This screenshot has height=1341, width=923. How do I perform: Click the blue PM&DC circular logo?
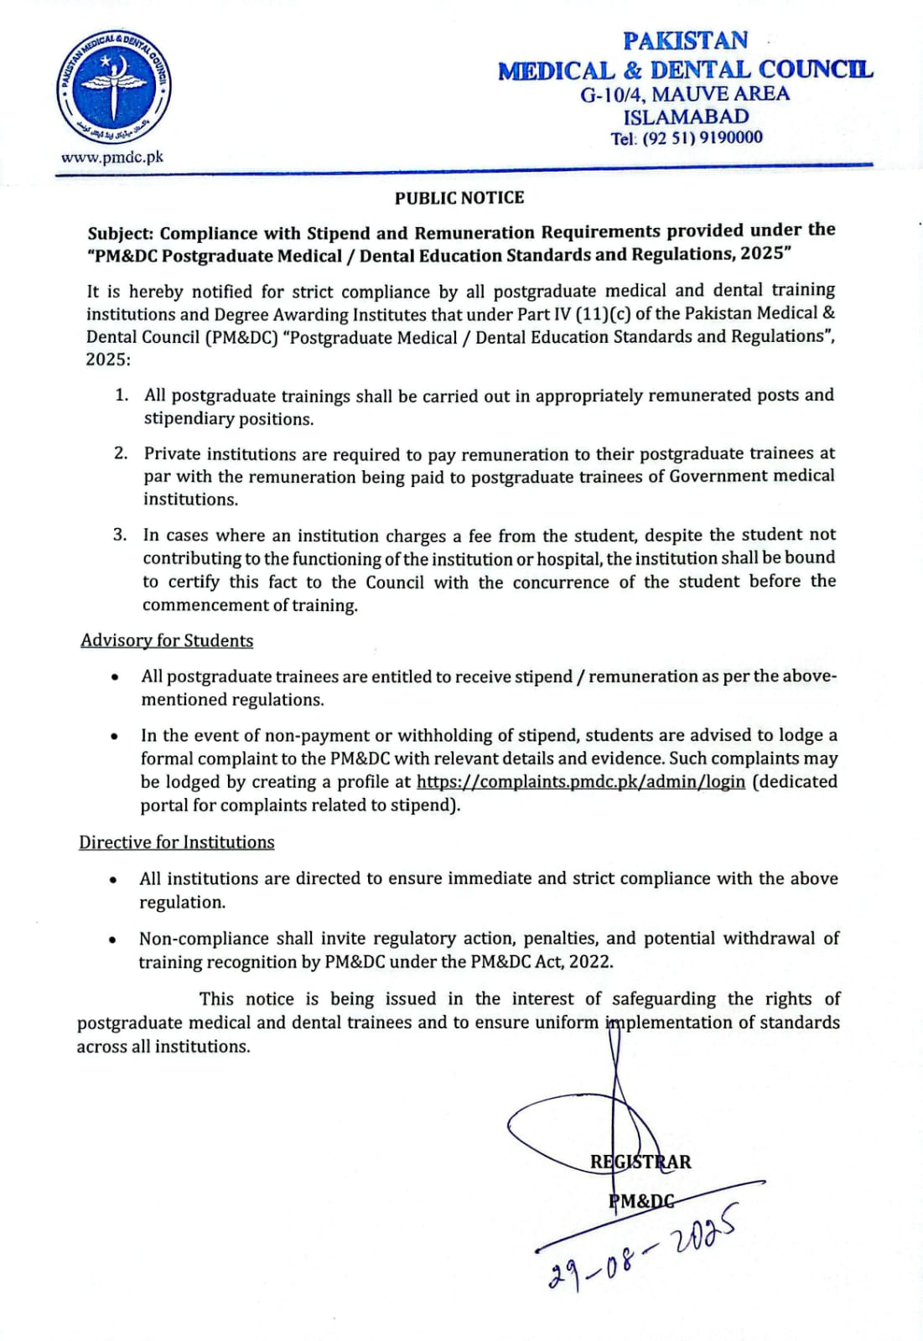(113, 89)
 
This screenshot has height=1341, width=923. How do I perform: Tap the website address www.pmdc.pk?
(111, 157)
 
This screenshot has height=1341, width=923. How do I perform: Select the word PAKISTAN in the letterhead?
(685, 40)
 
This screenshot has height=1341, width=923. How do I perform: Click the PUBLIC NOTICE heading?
(459, 198)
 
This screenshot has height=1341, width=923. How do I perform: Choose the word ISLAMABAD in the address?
(686, 116)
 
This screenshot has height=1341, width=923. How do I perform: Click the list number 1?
(122, 395)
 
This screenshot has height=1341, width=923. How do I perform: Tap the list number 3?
(120, 535)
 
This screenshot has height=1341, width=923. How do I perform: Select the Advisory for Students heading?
(167, 640)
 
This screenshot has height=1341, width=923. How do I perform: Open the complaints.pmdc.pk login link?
(580, 781)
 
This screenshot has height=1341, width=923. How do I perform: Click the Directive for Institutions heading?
(177, 842)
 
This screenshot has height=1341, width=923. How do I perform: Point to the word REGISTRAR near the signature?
(640, 1162)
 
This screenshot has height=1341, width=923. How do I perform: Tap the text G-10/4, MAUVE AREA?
(685, 93)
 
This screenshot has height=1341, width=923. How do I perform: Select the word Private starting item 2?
(173, 454)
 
